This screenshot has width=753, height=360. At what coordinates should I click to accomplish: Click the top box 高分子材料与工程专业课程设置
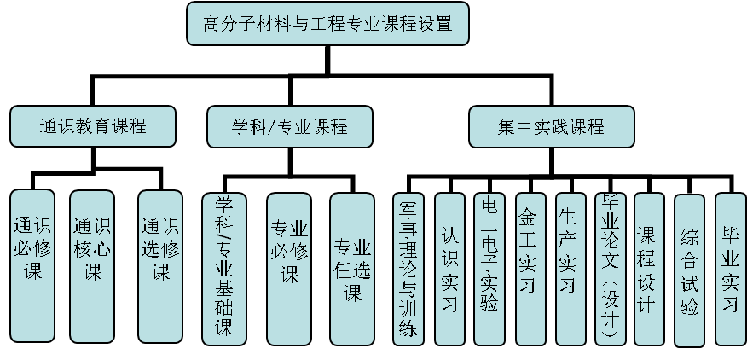pos(327,24)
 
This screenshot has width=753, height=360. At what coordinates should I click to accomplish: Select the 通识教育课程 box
pos(93,126)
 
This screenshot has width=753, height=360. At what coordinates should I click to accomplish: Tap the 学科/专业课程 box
pos(289,126)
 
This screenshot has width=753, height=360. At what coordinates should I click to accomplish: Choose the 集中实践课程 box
pos(551,126)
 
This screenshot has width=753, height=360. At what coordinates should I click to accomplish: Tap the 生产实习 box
pos(569,264)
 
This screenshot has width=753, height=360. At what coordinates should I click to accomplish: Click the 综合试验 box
pos(690,270)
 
